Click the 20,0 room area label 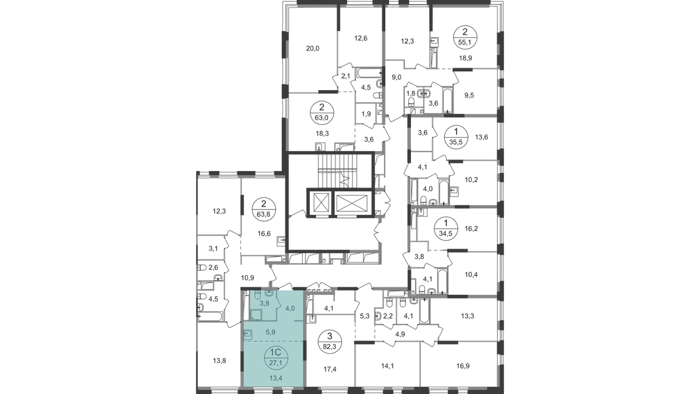tap(312, 49)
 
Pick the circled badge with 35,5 tap(456, 137)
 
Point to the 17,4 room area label tap(330, 370)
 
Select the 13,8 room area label tap(219, 361)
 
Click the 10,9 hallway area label tap(247, 278)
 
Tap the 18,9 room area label tap(466, 58)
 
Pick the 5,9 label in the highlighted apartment tap(270, 332)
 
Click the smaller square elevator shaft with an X tap(321, 203)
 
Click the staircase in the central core tap(337, 170)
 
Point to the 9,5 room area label tap(469, 96)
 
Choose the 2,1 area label tap(346, 76)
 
